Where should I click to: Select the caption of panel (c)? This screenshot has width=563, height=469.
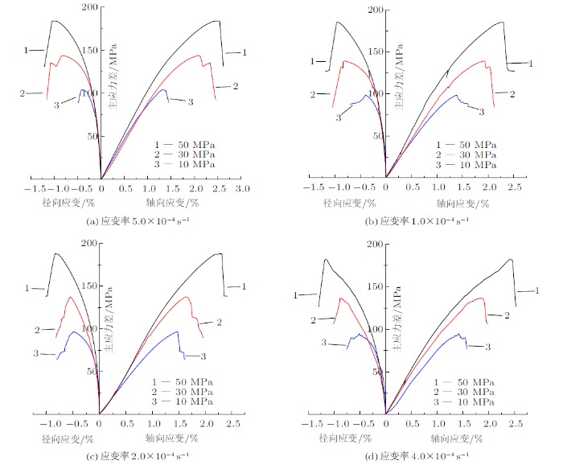pyautogui.click(x=138, y=457)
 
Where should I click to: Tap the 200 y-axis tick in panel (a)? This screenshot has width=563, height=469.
pyautogui.click(x=88, y=7)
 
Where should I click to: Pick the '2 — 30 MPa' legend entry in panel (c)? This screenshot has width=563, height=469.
pyautogui.click(x=183, y=390)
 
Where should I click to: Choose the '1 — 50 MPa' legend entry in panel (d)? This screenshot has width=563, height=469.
pyautogui.click(x=463, y=381)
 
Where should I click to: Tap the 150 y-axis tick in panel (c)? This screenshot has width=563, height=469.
pyautogui.click(x=88, y=286)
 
